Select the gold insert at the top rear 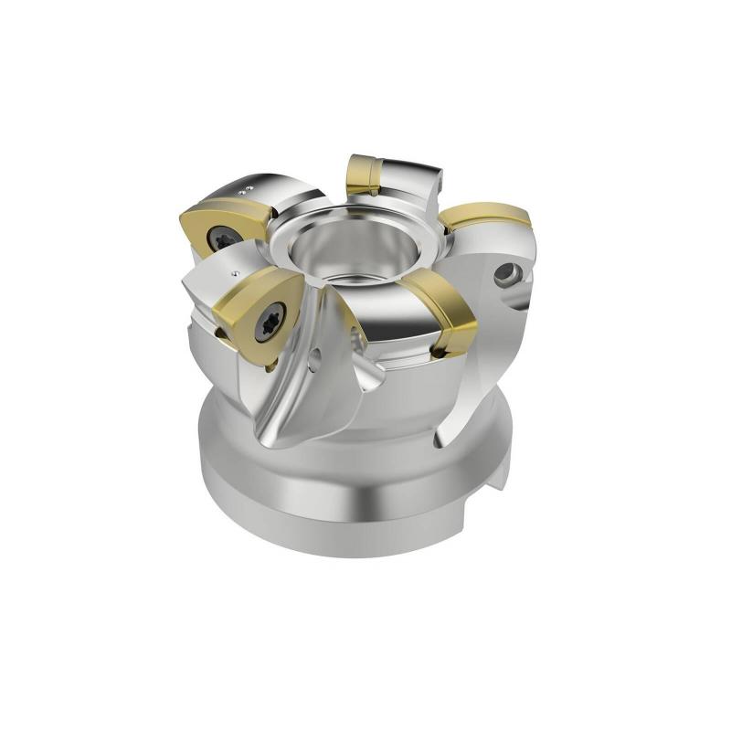point(364,174)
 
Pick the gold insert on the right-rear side point(484,217)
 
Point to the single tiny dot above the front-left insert point(236,273)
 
